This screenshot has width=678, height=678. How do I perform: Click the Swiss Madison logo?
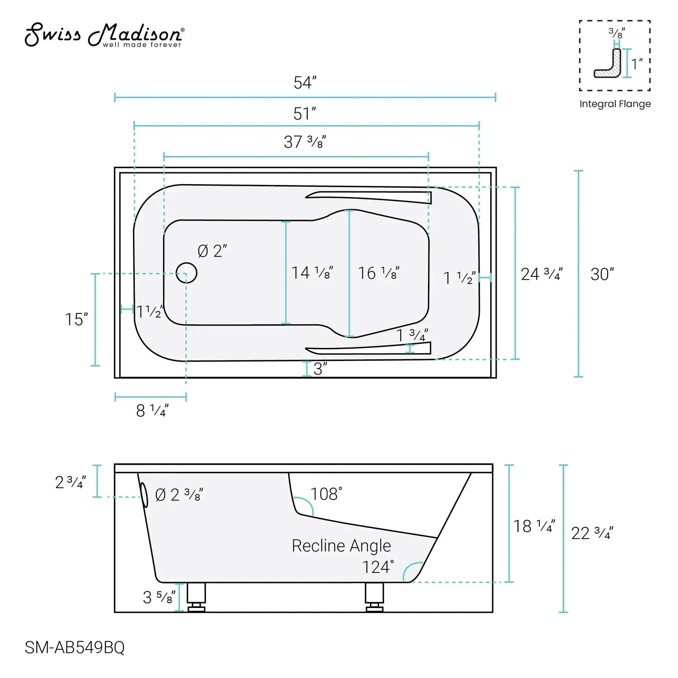click(104, 35)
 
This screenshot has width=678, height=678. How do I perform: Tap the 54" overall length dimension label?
click(305, 83)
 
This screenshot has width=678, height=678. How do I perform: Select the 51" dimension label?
click(304, 114)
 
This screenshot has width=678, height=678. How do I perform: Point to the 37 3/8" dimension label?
click(305, 142)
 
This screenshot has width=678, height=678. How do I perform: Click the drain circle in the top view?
click(186, 273)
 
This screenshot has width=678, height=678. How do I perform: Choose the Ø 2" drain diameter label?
click(212, 251)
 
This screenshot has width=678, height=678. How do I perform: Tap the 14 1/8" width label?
click(312, 273)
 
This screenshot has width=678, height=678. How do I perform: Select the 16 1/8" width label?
click(379, 273)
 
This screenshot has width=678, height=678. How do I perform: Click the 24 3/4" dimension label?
click(542, 274)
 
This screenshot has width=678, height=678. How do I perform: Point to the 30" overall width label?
click(602, 274)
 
